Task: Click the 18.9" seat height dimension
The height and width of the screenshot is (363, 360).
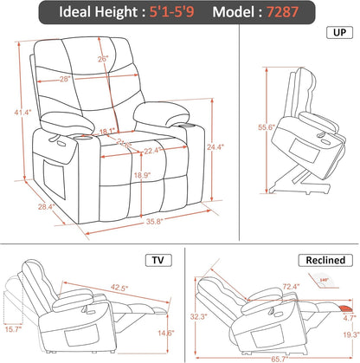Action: pyautogui.click(x=141, y=173)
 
